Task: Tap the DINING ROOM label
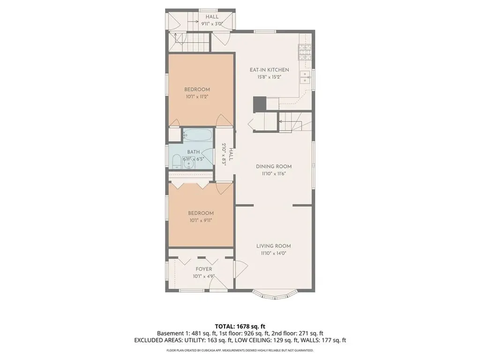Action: (x=274, y=166)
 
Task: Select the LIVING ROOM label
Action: (x=273, y=246)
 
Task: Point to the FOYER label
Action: (x=204, y=269)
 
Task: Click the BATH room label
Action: (x=194, y=152)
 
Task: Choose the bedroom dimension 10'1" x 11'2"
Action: (x=197, y=97)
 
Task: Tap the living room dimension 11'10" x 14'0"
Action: (x=273, y=253)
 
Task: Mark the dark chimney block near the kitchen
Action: (x=259, y=104)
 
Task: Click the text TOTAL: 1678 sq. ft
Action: (x=240, y=326)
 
